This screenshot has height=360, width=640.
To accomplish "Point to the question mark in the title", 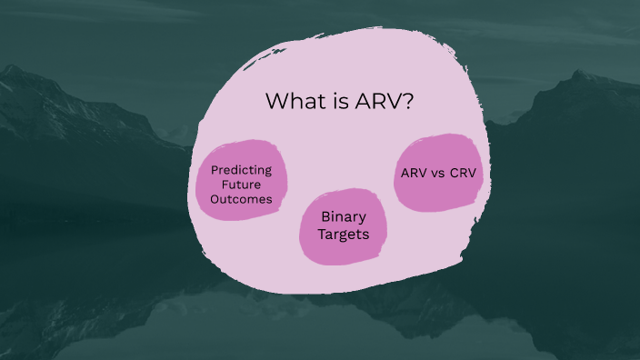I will tap(409, 101).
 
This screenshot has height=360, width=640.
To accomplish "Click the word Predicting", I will tap(242, 169).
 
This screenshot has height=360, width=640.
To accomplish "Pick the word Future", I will tap(242, 185).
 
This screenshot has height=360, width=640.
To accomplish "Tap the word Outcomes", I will tap(242, 200).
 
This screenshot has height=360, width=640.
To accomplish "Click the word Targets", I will tap(343, 235).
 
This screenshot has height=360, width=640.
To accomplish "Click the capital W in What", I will tap(275, 101).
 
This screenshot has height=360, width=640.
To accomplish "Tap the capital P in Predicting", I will tap(215, 169).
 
